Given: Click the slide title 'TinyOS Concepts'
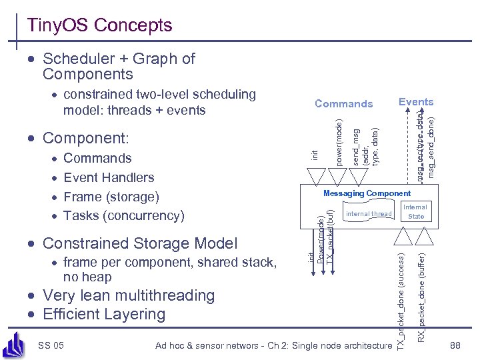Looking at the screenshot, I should tap(99, 25).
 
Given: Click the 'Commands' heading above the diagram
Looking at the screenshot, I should tap(343, 103).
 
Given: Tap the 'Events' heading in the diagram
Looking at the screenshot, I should tap(415, 102).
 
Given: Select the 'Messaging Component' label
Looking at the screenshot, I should tap(367, 193).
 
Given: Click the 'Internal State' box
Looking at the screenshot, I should tap(415, 212).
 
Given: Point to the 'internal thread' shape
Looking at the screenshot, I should tap(369, 214).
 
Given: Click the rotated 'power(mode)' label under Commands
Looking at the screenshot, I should tap(339, 142).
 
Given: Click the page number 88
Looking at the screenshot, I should tap(455, 345).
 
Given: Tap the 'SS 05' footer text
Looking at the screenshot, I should tap(51, 345).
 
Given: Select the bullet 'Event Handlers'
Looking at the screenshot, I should tap(108, 177).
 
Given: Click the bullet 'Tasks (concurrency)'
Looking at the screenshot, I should tap(123, 215).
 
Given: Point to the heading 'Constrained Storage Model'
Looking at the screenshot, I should tap(139, 243).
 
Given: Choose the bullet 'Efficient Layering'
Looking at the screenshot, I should tap(103, 314).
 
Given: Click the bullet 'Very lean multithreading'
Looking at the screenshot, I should tap(128, 295).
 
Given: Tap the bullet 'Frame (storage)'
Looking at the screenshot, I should tap(111, 197).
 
